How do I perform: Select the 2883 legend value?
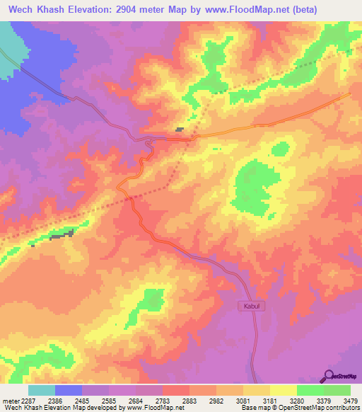pos(188,401)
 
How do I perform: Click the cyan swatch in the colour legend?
pos(42,390)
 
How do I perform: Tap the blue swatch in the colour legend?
pos(69,390)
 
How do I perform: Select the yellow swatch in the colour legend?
pos(283,390)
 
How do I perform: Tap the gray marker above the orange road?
pos(180,130)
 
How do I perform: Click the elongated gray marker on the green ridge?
pos(62,235)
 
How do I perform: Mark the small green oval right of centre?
pos(281,149)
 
